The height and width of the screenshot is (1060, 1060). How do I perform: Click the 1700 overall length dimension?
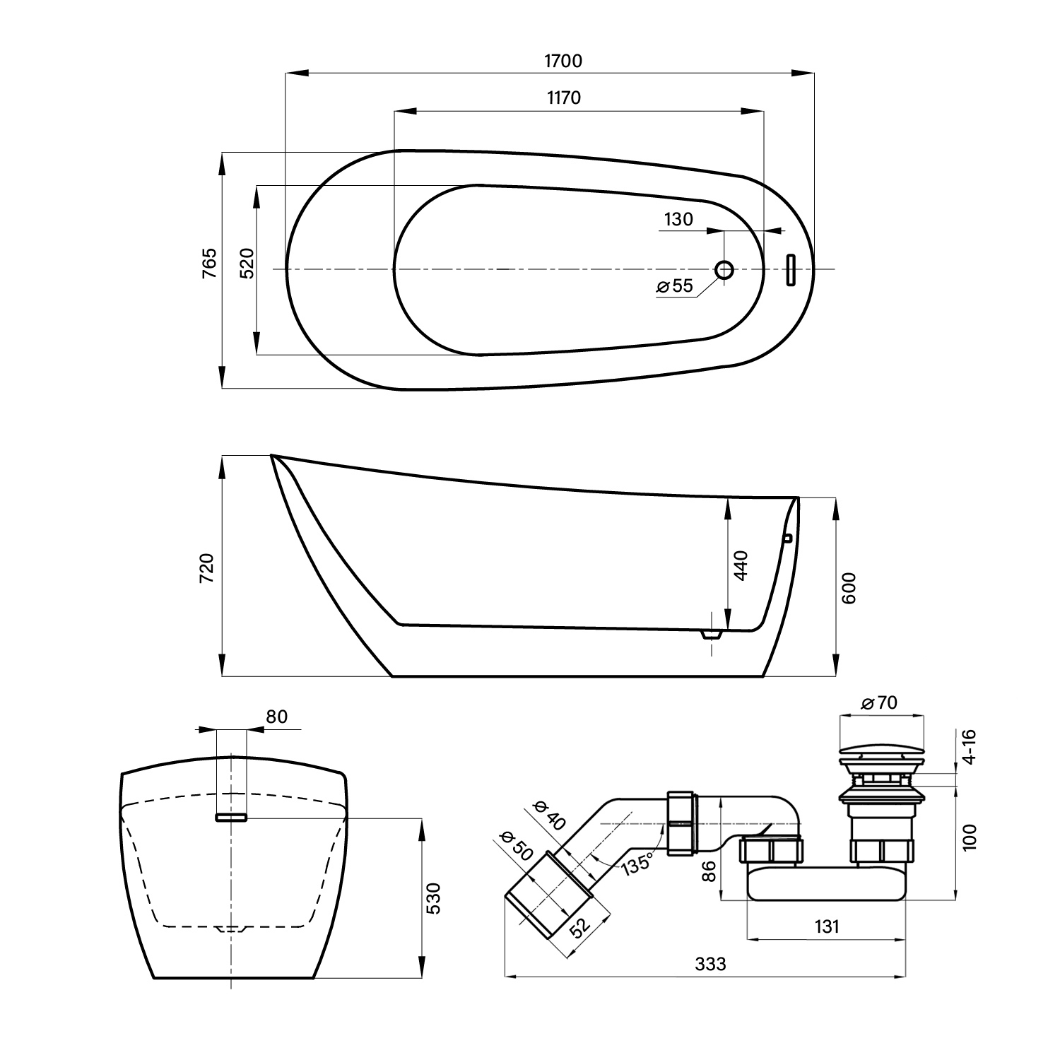pos(563,61)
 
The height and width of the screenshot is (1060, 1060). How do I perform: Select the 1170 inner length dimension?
pos(563,98)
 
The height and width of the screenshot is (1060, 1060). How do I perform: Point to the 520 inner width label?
pos(246,263)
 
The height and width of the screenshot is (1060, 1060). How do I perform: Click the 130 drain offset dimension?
pos(678,219)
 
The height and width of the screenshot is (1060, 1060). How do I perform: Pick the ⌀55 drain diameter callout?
pos(675,286)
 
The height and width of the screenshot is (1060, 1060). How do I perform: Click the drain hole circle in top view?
pos(724,269)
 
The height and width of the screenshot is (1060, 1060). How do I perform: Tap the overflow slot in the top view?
pos(791,269)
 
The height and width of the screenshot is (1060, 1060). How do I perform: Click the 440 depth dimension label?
pos(741,565)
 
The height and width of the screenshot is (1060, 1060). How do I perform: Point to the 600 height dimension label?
pos(849,587)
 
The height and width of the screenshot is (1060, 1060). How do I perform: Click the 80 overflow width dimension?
pos(277,717)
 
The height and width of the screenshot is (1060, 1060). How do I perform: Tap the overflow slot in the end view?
pos(231,817)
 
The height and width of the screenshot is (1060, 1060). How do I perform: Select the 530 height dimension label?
pos(434,897)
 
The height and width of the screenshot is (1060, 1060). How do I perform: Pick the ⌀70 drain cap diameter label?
pos(880,702)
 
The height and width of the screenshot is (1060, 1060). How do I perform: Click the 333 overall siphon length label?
pos(710,964)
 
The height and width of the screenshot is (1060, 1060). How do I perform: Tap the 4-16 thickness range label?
pos(969,746)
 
